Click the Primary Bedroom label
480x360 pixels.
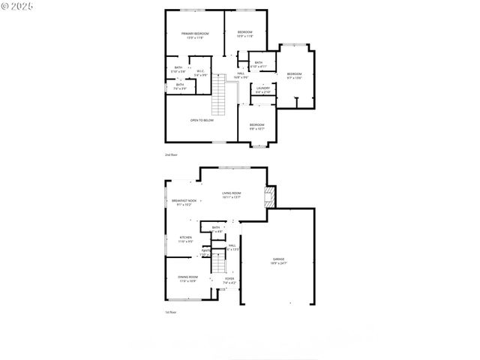[x=195, y=33]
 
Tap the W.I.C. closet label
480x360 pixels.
[x=201, y=71]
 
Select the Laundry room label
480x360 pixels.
[x=262, y=88]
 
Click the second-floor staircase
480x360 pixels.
[x=220, y=94]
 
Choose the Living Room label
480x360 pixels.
[x=231, y=193]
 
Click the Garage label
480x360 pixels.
[x=279, y=259]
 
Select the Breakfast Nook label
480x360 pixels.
[x=184, y=200]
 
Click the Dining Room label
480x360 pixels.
[x=187, y=277]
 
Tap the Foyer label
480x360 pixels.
[x=229, y=278]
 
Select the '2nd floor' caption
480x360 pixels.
[x=171, y=154]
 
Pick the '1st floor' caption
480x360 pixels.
[x=171, y=312]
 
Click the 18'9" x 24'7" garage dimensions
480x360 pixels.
[x=279, y=264]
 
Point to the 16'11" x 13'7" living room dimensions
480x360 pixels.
[x=231, y=198]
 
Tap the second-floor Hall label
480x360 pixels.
[x=241, y=73]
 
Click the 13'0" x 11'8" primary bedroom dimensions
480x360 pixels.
[x=195, y=37]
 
